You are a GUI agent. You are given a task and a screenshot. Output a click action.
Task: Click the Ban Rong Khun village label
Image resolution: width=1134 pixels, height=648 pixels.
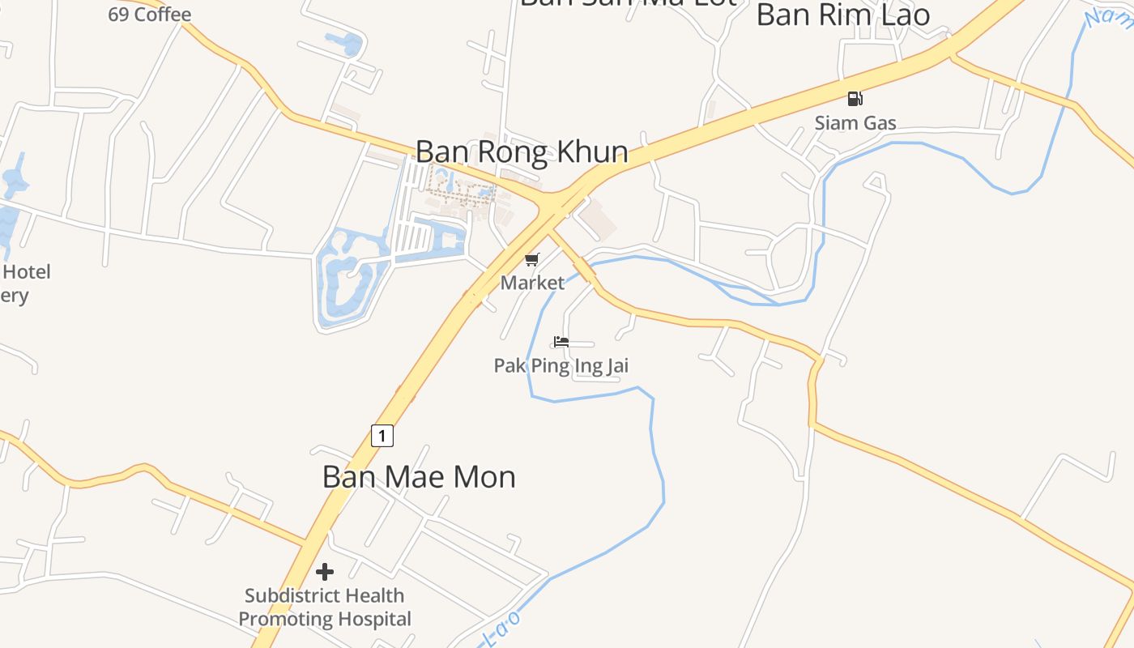point(521,152)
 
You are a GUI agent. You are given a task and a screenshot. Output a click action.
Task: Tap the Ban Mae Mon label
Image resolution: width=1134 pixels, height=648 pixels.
point(419,476)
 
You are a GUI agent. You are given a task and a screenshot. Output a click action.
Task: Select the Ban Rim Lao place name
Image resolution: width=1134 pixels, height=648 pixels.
point(842,15)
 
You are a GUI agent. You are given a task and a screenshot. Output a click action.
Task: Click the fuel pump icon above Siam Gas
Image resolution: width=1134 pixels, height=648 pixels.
point(855,99)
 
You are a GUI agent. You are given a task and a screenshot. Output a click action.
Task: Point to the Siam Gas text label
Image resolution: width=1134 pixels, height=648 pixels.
point(855,123)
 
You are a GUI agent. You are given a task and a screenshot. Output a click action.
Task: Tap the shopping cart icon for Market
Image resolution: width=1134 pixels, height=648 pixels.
point(532,259)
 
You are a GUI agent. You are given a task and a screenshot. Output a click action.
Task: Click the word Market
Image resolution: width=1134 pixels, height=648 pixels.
point(532,283)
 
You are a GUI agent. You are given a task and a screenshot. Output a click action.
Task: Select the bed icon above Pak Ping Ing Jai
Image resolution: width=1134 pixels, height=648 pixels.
point(561,341)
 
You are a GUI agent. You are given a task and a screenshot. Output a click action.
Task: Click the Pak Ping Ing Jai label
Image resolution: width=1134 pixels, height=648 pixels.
point(561,366)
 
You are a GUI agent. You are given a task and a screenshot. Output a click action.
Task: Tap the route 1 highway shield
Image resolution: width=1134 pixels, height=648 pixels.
point(382,435)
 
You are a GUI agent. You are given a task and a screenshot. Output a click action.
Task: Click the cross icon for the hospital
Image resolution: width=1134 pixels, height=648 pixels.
point(325,572)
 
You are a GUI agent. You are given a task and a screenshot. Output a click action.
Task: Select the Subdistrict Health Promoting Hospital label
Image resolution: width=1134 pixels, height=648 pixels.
point(325,607)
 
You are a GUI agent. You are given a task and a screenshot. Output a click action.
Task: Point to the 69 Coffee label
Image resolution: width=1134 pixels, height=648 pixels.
point(149,15)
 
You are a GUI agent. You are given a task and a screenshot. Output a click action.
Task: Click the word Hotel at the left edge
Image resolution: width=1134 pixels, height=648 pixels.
point(26,272)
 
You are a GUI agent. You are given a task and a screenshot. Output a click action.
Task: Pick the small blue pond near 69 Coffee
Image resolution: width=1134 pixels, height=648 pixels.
point(344,42)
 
